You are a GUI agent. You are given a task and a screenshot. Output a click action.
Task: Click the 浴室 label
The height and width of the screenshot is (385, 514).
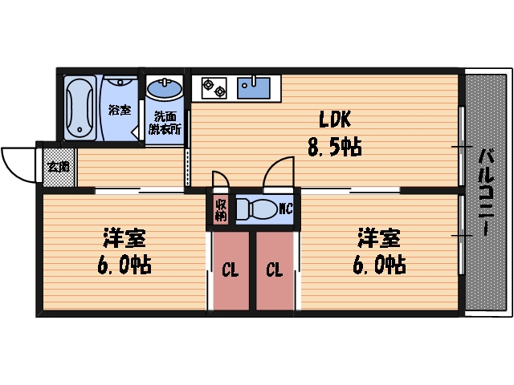click(120, 110)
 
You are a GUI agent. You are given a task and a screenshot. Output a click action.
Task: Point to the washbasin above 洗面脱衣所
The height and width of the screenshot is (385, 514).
click(165, 87)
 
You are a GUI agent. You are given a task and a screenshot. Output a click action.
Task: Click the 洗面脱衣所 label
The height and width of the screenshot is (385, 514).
click(165, 121)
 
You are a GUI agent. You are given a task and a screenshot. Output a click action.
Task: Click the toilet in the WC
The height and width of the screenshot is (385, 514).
click(256, 210)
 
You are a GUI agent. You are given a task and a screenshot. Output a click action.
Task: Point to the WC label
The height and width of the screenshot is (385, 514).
click(284, 210)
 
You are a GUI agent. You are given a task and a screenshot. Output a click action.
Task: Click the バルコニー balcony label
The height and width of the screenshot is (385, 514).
click(486, 192)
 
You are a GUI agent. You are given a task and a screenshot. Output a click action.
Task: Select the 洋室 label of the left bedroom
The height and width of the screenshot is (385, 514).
click(124, 238)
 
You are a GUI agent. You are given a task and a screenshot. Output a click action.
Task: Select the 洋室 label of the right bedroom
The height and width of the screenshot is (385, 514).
click(377, 238)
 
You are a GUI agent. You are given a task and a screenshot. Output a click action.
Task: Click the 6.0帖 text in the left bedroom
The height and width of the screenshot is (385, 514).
click(124, 265)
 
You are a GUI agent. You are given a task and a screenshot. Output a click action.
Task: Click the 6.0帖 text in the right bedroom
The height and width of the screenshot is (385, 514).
click(377, 265)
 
